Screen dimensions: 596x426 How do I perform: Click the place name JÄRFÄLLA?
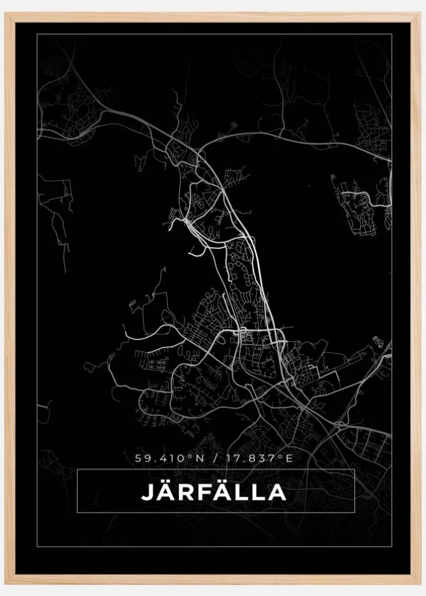pyautogui.click(x=214, y=492)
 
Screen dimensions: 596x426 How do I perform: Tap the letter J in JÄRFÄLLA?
pyautogui.click(x=146, y=492)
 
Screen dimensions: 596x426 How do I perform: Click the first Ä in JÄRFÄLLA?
pyautogui.click(x=164, y=492)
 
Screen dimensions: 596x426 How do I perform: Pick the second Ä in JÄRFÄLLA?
pyautogui.click(x=219, y=492)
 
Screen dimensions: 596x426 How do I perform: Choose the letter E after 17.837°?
pyautogui.click(x=289, y=458)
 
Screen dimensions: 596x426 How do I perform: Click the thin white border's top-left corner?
pyautogui.click(x=37, y=34)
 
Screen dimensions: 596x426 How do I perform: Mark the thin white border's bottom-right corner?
pyautogui.click(x=391, y=547)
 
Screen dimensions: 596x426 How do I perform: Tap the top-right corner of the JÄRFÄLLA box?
pyautogui.click(x=354, y=470)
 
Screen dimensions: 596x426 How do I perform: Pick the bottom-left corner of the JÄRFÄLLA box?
pyautogui.click(x=77, y=513)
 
